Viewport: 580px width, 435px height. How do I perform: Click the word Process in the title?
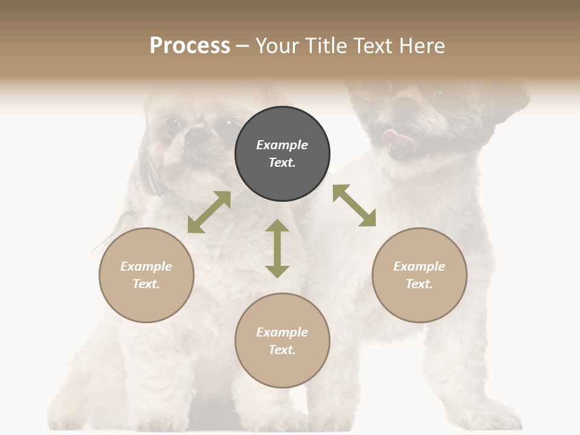click(x=190, y=46)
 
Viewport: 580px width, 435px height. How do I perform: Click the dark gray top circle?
click(x=282, y=153)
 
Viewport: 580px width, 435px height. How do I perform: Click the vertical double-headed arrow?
click(x=277, y=248)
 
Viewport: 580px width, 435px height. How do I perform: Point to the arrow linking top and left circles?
click(x=209, y=212)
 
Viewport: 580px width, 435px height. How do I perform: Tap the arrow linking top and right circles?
click(x=354, y=205)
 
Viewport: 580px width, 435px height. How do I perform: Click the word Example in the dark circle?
click(x=282, y=145)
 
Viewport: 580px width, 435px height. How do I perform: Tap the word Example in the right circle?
click(x=419, y=266)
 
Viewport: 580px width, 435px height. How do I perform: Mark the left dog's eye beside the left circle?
click(x=173, y=125)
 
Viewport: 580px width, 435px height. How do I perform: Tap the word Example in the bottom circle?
click(x=282, y=332)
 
